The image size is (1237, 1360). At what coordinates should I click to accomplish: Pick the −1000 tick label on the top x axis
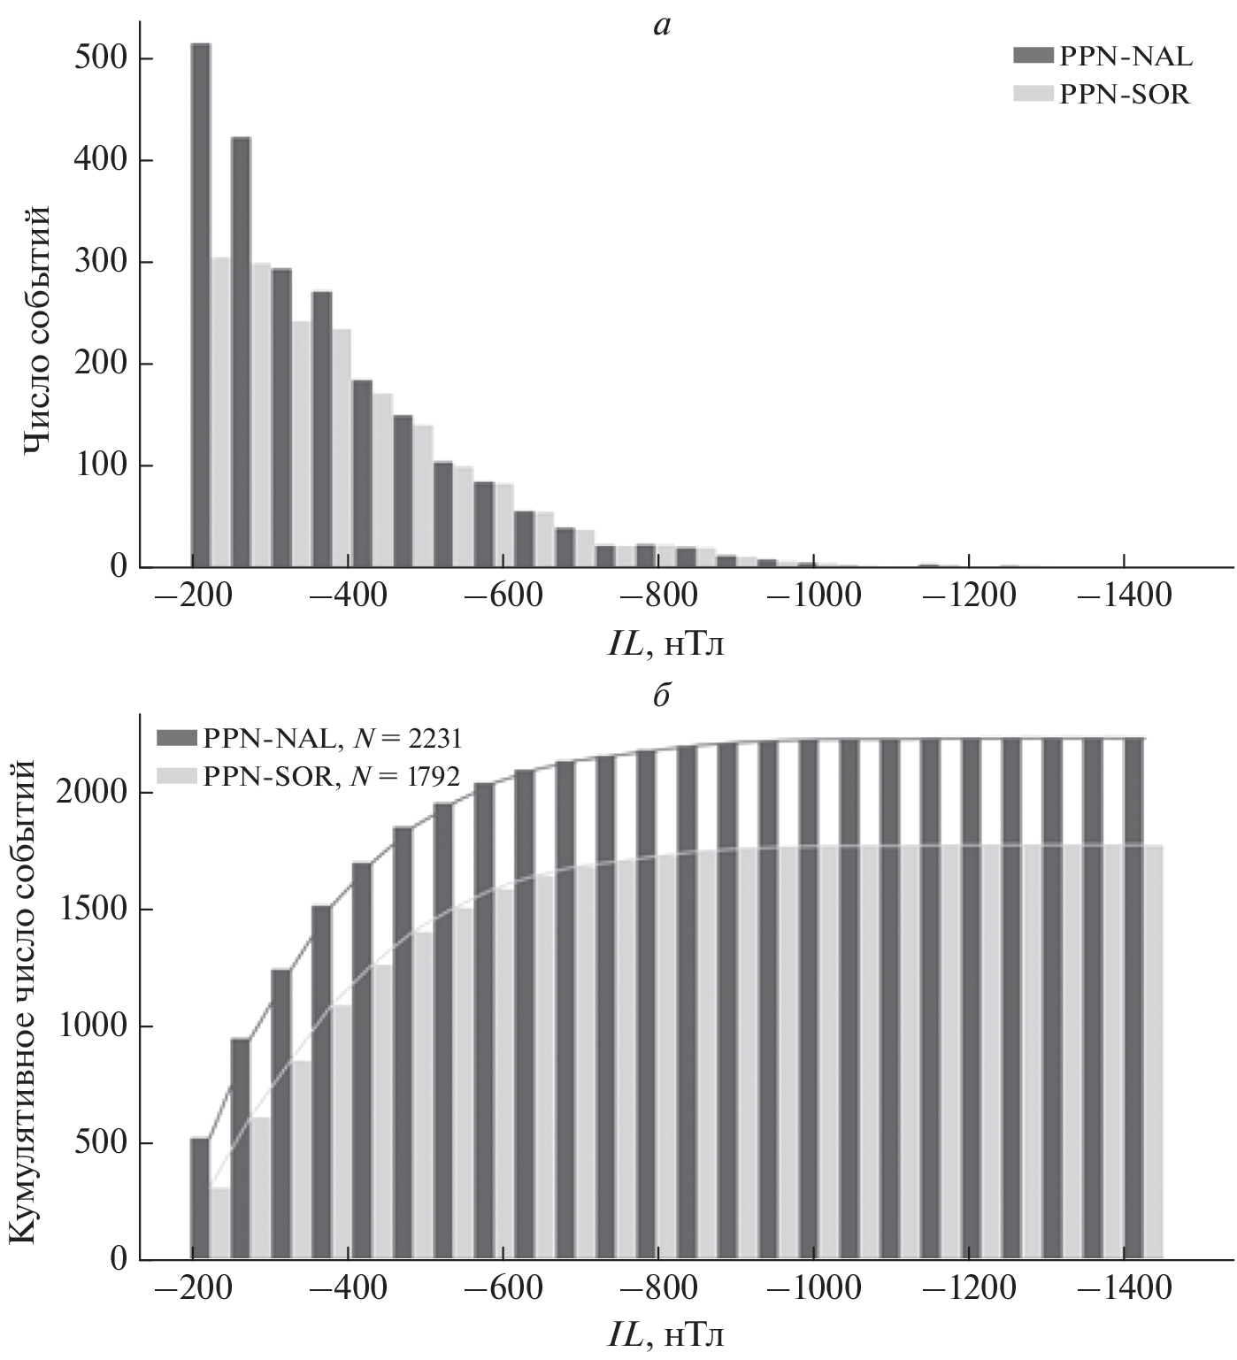(x=813, y=595)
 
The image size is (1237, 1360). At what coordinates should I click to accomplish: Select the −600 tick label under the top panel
(x=503, y=595)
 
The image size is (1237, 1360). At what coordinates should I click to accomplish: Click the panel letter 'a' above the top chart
(x=662, y=27)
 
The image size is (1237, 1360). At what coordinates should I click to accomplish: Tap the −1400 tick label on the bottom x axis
(x=1124, y=1287)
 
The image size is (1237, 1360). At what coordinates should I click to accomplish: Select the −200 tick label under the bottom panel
(x=192, y=1287)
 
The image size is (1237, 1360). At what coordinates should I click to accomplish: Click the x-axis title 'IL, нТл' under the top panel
(x=665, y=645)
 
